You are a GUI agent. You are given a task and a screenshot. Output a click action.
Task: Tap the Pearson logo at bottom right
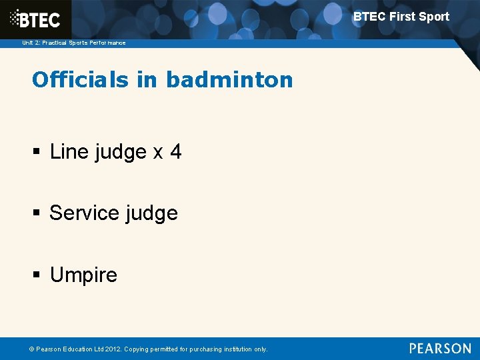[440, 348]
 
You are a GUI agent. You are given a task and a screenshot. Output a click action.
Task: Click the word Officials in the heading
[70, 80]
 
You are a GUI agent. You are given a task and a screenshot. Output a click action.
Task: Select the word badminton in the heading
[229, 80]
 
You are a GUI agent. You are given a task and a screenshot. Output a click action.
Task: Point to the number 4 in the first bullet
[175, 152]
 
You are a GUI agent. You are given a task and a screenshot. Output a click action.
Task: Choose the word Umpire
[83, 275]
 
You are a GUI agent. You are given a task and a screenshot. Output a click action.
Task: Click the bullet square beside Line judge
[37, 153]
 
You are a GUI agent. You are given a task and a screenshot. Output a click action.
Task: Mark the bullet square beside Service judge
[37, 214]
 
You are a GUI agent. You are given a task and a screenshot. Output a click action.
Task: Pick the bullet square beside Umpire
[37, 275]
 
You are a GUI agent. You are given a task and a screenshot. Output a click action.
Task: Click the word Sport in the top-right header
[434, 17]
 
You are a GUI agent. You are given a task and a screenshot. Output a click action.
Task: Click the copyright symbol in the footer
[33, 349]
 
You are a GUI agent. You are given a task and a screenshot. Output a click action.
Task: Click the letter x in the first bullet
[158, 153]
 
